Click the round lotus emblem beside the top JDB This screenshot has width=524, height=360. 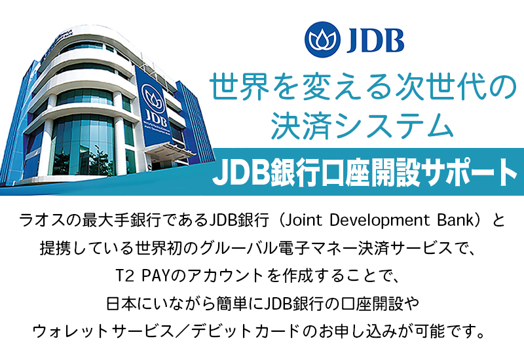(x=322, y=40)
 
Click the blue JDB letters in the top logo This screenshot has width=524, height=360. (x=375, y=40)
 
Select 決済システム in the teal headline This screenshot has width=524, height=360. (x=362, y=126)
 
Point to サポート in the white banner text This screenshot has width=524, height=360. (x=469, y=173)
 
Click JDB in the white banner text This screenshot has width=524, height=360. (x=241, y=173)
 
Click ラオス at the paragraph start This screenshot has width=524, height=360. (x=42, y=221)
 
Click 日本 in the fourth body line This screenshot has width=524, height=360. (x=121, y=304)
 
